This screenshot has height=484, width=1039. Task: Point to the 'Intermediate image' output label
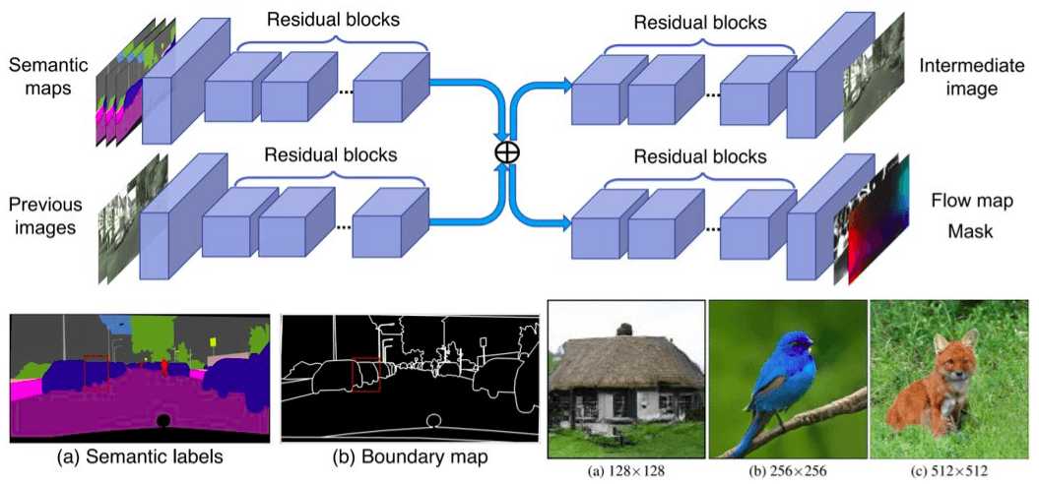pyautogui.click(x=958, y=78)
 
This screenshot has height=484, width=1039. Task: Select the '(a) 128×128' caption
pyautogui.click(x=625, y=471)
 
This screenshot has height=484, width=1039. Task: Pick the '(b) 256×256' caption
pyautogui.click(x=787, y=471)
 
